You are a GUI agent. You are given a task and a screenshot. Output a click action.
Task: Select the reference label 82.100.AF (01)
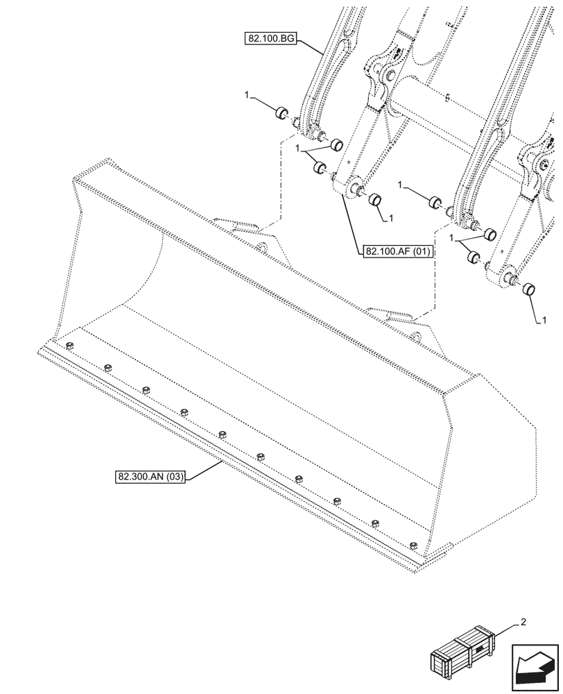pos(396,252)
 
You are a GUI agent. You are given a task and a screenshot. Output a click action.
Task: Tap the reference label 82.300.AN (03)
pos(150,477)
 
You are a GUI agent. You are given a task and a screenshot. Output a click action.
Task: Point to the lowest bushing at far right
pos(531,289)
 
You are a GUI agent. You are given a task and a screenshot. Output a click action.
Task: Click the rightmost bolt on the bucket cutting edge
pos(413,544)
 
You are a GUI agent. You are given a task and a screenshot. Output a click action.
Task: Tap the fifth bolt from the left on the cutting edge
pos(222,434)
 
